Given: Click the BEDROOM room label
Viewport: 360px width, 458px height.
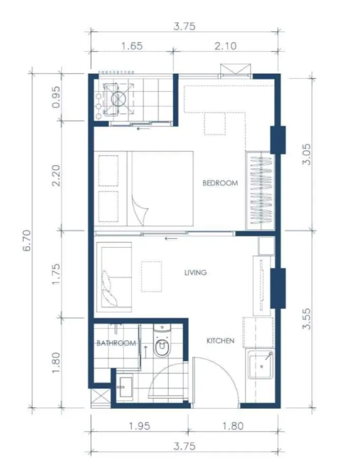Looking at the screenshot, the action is (x=220, y=183).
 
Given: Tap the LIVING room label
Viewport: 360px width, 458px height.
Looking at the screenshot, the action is (x=196, y=273).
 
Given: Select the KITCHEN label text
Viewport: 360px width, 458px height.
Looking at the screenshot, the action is (x=221, y=340).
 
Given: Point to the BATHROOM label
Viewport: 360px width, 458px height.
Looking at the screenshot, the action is (x=116, y=343).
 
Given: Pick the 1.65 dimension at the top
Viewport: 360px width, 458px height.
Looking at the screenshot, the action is (x=132, y=46).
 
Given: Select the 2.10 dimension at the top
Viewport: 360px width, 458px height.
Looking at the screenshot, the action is (x=225, y=46).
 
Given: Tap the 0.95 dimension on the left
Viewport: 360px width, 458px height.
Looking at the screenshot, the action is (x=56, y=97).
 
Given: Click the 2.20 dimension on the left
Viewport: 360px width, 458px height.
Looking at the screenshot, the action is (x=56, y=175).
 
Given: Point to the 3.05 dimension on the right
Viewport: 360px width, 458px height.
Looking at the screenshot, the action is (x=307, y=154).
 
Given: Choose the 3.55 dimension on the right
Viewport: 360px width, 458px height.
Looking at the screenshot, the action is (x=307, y=319).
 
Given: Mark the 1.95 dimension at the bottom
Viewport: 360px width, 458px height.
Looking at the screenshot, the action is (x=139, y=426).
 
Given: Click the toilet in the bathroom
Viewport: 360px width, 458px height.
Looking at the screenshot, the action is (x=162, y=341).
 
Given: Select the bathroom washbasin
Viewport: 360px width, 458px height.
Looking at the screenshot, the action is (x=125, y=387).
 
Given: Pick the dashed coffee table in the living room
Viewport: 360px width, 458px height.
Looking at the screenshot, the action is (x=152, y=276).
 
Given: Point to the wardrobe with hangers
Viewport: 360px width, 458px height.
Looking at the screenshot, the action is (x=260, y=190).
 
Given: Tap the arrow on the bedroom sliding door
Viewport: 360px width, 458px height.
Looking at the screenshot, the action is (x=171, y=238).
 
